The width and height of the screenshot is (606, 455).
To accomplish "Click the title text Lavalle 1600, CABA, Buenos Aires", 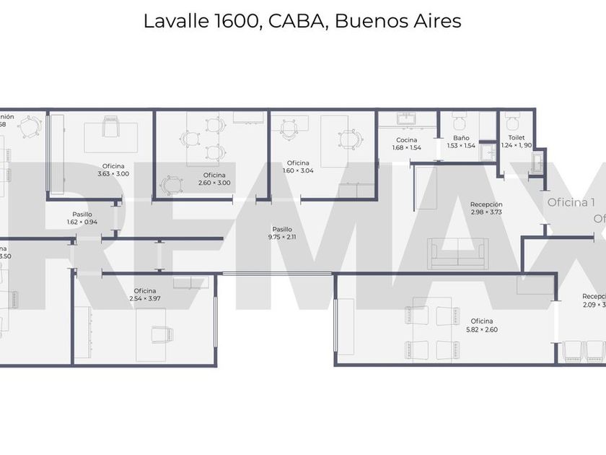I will point(302,21).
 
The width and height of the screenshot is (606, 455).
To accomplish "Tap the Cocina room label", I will point(406,139).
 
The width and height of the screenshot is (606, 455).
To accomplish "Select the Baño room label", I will point(461,137).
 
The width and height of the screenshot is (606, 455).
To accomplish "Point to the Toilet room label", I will point(517,137).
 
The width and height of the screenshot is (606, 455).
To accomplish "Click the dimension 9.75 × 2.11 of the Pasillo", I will point(281,237).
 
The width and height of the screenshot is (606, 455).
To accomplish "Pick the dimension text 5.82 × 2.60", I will point(482,329).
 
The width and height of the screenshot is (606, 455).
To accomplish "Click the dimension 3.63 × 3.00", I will point(113,173).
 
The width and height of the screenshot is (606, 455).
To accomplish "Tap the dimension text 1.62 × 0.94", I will point(82,222).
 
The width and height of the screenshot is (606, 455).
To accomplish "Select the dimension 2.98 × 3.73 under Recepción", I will point(486,212).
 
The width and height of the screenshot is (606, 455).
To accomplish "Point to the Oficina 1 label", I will point(571,203).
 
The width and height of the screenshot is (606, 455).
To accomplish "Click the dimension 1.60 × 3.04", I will point(298,170).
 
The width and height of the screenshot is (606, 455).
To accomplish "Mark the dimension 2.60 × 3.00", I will point(214,183).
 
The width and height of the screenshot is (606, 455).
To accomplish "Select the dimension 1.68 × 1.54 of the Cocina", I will point(406,147).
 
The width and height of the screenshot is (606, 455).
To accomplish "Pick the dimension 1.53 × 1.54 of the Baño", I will point(461,145).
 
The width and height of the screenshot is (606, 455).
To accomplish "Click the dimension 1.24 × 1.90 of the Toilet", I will point(517,145).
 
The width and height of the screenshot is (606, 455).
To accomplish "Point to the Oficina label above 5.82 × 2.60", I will point(482,321).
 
